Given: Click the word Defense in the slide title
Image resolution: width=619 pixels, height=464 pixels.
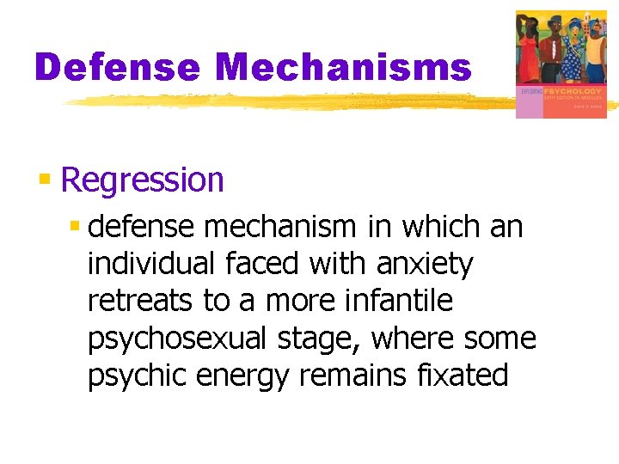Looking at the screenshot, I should [115, 67].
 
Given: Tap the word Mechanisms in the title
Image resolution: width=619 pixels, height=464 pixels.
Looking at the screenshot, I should [344, 67].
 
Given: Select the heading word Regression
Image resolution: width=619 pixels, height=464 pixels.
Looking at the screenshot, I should [143, 180].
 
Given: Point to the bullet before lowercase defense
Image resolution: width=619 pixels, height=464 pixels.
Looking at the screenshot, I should [76, 227].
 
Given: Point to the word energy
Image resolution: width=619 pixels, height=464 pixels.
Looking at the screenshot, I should [246, 376].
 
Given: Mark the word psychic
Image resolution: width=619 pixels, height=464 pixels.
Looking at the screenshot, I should [138, 376].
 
